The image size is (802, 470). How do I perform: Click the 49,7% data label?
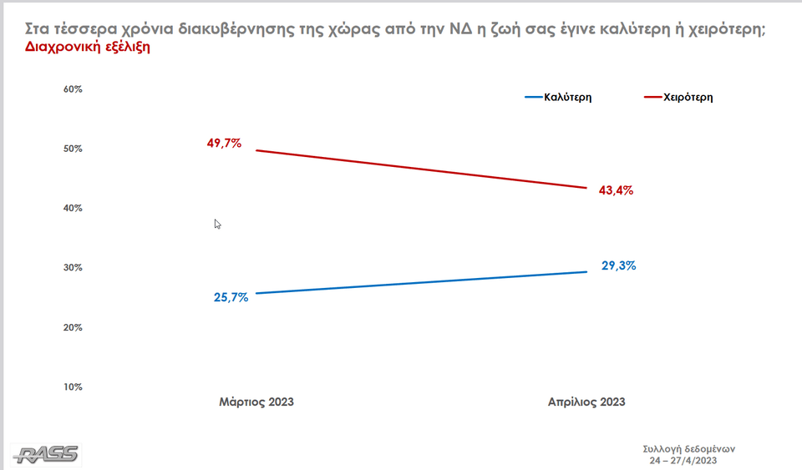point(224,143)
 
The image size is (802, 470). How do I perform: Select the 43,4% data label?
point(616,190)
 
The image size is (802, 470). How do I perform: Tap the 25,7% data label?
point(231,297)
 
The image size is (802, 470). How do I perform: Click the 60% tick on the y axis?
point(73,89)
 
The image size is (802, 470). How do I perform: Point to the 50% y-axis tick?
point(73,149)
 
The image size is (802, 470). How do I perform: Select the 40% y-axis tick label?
point(73,208)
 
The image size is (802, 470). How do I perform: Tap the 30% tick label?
point(73,268)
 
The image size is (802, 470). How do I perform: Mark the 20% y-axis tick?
point(73,327)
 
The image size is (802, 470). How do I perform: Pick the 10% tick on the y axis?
point(73,387)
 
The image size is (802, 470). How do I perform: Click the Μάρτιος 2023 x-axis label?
point(256,402)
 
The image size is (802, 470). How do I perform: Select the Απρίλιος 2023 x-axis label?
point(586,402)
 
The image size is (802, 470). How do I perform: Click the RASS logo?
point(47,454)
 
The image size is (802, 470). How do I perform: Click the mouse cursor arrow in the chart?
point(217,224)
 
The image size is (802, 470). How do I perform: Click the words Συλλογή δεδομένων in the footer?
point(683,448)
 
